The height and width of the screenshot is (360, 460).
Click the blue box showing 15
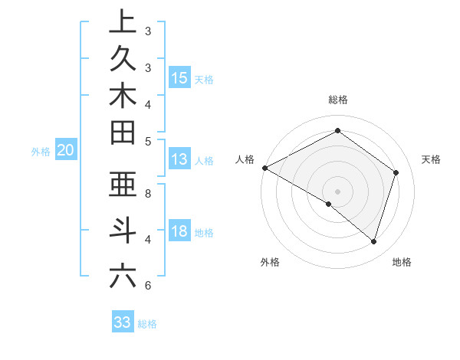click(179, 78)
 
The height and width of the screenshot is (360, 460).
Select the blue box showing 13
click(179, 159)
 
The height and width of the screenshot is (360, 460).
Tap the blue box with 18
click(179, 232)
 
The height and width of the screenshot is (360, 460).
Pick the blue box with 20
click(66, 151)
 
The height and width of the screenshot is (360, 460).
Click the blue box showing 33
click(122, 322)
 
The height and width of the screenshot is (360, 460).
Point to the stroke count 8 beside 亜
click(148, 194)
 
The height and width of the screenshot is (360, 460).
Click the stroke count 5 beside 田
click(148, 141)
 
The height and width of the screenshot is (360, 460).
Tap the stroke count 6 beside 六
click(148, 286)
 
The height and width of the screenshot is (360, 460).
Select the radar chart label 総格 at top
click(337, 100)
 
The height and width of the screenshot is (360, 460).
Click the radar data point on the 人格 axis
click(264, 168)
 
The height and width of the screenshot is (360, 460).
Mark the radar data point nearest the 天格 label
click(396, 172)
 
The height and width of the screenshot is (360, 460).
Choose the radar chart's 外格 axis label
click(270, 262)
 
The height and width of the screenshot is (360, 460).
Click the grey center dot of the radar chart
click(337, 191)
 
